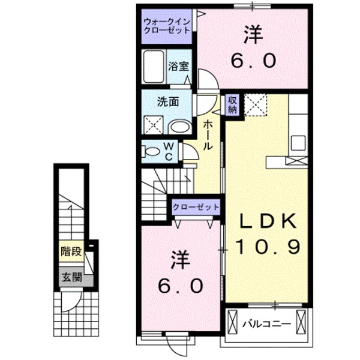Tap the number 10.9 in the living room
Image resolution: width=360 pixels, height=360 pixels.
[268, 247]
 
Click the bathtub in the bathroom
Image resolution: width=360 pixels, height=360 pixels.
[154, 65]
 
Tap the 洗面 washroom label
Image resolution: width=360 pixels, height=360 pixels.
[167, 103]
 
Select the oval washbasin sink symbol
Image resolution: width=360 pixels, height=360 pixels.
[178, 126]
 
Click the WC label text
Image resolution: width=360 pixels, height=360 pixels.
[169, 151]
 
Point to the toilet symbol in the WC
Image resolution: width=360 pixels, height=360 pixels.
[150, 151]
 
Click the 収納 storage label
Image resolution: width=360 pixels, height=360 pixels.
[232, 105]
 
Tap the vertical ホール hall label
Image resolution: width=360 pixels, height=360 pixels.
[206, 134]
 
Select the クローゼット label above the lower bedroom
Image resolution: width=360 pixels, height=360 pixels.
[196, 207]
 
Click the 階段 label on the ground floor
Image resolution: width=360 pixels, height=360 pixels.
[70, 251]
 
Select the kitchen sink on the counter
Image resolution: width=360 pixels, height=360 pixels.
[298, 144]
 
